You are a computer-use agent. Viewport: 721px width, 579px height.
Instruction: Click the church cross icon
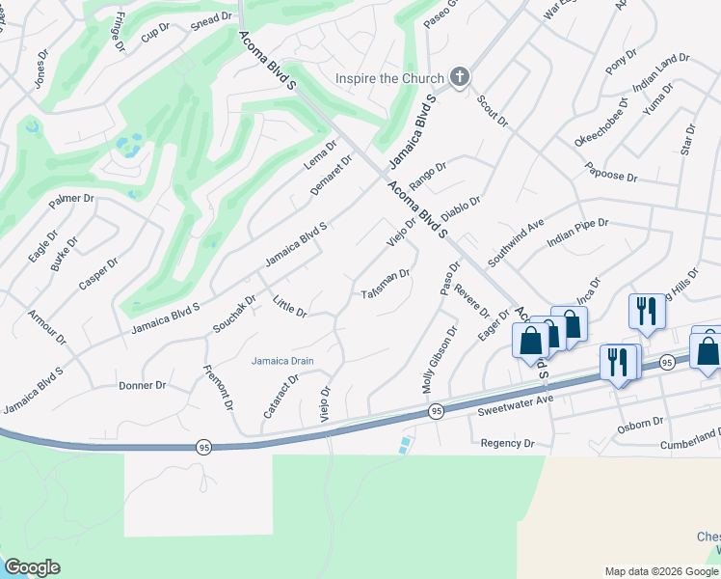click(x=460, y=78)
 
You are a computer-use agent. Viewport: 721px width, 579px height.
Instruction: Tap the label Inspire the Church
click(x=388, y=78)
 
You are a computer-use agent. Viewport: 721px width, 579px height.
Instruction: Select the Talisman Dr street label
click(x=386, y=285)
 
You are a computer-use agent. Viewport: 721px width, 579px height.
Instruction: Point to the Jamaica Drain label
click(x=283, y=361)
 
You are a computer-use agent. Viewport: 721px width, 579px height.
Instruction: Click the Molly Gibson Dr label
click(x=440, y=360)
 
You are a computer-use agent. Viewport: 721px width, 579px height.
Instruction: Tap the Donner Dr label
click(x=142, y=385)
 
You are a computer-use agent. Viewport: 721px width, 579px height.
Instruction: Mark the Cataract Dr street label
click(x=280, y=396)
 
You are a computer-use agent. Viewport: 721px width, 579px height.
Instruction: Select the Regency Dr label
click(x=507, y=443)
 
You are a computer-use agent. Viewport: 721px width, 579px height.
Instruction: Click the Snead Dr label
click(x=212, y=17)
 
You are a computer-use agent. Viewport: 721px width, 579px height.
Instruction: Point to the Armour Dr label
click(x=47, y=326)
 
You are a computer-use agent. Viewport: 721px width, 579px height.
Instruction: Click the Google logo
click(x=32, y=567)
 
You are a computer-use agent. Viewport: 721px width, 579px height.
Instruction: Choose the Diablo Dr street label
click(x=461, y=207)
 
